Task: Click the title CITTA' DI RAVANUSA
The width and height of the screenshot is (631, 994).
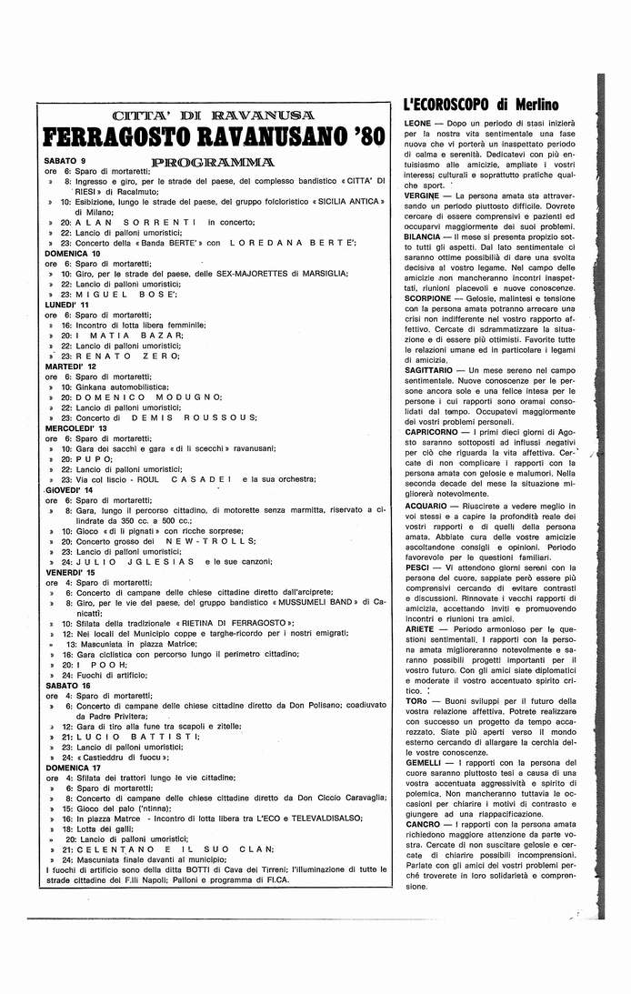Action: pyautogui.click(x=211, y=115)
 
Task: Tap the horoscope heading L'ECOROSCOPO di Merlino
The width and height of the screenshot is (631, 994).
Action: pyautogui.click(x=467, y=105)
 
